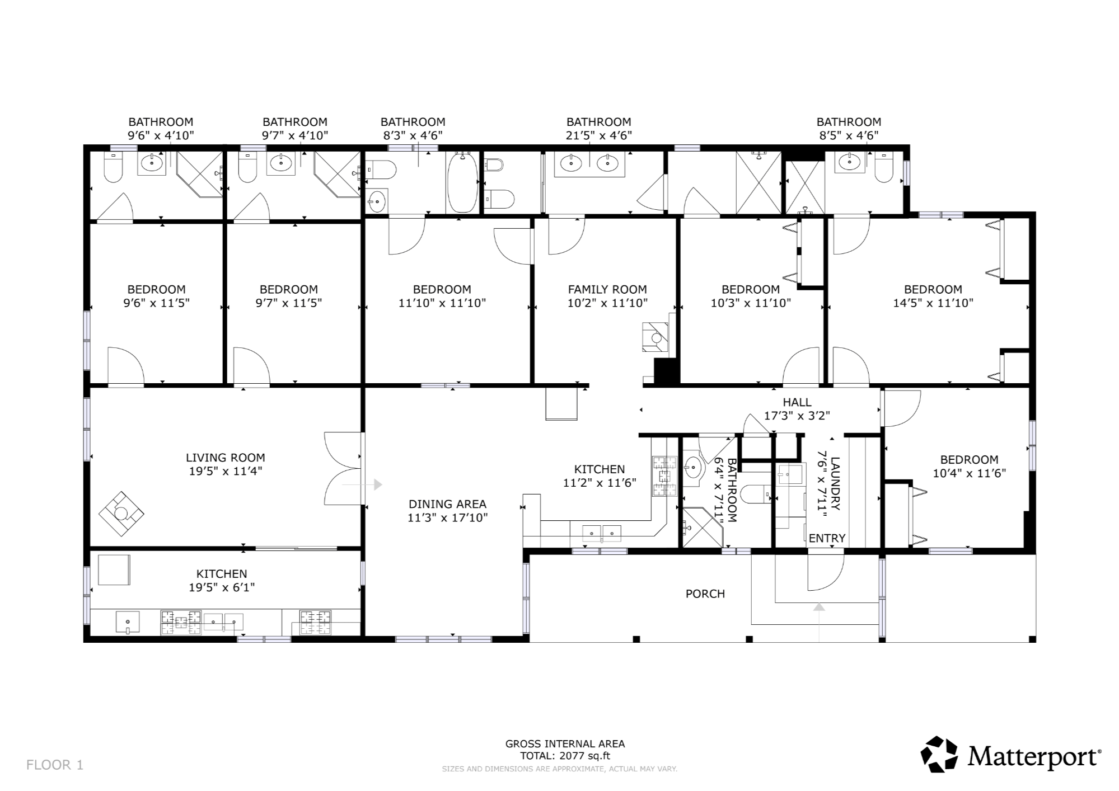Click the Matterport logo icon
pyautogui.click(x=940, y=754)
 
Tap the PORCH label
pyautogui.click(x=705, y=594)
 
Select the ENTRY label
pyautogui.click(x=827, y=538)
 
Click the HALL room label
pyautogui.click(x=797, y=402)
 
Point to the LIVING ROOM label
pyautogui.click(x=226, y=458)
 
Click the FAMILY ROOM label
pyautogui.click(x=607, y=289)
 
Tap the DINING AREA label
pyautogui.click(x=447, y=504)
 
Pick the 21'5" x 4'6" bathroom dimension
pyautogui.click(x=598, y=135)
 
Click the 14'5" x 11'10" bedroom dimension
pyautogui.click(x=933, y=303)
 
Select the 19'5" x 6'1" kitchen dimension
pyautogui.click(x=222, y=587)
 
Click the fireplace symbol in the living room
pyautogui.click(x=121, y=514)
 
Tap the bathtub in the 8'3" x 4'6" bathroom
pyautogui.click(x=462, y=182)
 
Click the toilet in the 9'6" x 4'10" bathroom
pyautogui.click(x=113, y=167)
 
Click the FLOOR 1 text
pyautogui.click(x=55, y=765)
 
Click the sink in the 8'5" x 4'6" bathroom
pyautogui.click(x=850, y=163)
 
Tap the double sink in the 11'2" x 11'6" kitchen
pyautogui.click(x=602, y=534)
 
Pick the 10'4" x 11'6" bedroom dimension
pyautogui.click(x=969, y=473)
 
